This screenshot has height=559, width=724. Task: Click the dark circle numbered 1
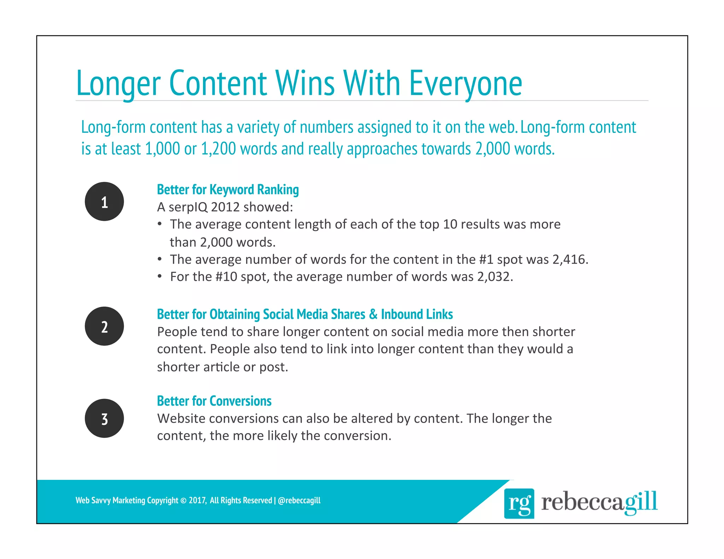104,201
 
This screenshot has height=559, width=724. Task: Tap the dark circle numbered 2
104,326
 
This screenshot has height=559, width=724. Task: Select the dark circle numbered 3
104,418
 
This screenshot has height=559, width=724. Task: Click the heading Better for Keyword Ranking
228,190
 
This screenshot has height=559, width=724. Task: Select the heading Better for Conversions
214,401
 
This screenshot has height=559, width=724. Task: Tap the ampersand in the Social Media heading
373,314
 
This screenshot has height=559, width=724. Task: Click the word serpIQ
188,207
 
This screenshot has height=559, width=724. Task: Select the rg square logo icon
519,503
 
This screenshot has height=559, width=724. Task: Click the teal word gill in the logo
640,502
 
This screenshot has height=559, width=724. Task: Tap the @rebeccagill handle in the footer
299,500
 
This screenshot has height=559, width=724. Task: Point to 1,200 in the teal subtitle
218,149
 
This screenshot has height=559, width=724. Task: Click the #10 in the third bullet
226,277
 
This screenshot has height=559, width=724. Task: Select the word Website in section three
181,418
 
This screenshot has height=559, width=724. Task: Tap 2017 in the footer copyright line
197,500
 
